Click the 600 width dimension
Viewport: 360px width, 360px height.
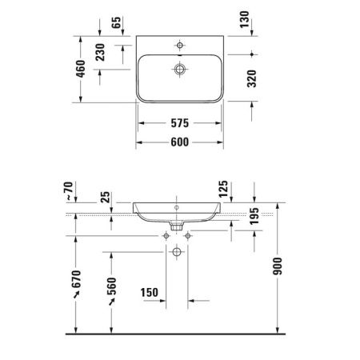point(179,142)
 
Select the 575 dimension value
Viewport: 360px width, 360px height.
point(179,124)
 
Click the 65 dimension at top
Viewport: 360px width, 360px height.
point(117,22)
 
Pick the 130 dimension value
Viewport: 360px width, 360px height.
point(244,19)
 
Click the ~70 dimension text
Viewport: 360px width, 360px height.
point(67,192)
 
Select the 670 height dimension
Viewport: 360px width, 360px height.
point(77,282)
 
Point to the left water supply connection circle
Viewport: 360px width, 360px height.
point(165,236)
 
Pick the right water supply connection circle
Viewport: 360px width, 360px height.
point(188,236)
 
